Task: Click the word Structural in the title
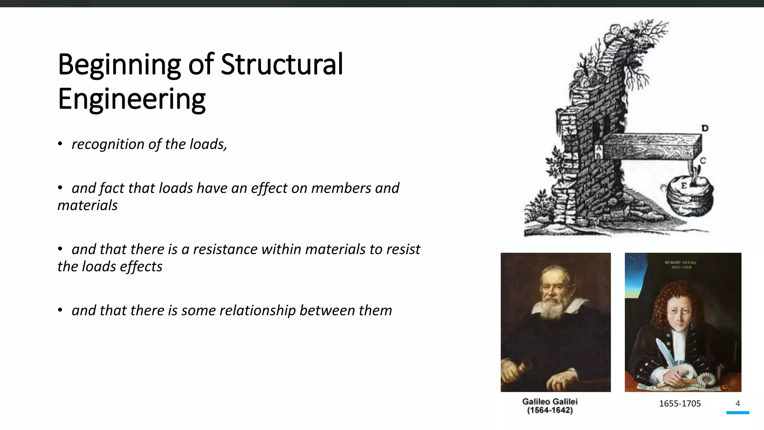tap(282, 65)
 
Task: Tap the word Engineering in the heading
tap(132, 99)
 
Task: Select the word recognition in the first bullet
tap(108, 144)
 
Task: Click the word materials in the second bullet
tap(88, 205)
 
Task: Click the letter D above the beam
tap(705, 128)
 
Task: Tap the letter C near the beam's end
tap(703, 161)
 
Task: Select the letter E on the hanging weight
tap(684, 186)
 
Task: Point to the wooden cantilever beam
tap(651, 147)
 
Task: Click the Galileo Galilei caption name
tap(549, 402)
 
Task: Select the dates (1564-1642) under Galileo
tap(549, 411)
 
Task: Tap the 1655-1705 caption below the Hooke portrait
tap(680, 403)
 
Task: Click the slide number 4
tap(738, 403)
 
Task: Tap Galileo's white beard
tap(552, 306)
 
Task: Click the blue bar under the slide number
tap(738, 412)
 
